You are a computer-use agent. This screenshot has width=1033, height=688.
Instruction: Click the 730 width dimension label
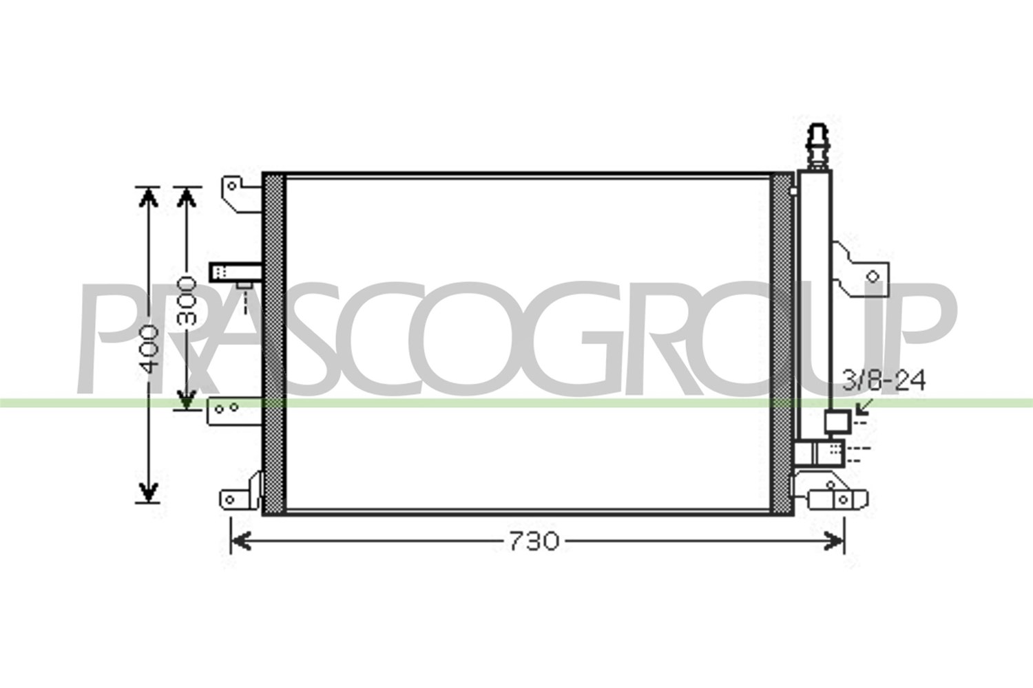(534, 541)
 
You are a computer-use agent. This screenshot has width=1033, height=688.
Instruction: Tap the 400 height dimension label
(149, 348)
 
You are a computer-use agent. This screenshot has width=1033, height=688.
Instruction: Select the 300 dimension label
(187, 301)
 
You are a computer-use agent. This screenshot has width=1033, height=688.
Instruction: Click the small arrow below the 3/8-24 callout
(862, 407)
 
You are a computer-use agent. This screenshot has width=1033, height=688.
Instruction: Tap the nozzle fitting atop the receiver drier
(817, 147)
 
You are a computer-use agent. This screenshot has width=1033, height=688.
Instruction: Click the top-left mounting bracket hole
(232, 186)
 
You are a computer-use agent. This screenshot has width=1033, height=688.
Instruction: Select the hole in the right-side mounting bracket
(873, 277)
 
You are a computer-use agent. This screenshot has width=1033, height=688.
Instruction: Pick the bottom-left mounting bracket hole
(229, 499)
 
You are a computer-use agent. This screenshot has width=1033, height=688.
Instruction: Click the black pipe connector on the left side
(236, 272)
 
